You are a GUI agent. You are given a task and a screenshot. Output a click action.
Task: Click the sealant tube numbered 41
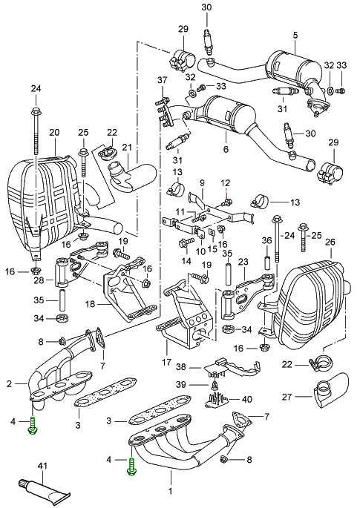click(x=44, y=486)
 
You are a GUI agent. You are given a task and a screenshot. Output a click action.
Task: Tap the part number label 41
click(x=42, y=466)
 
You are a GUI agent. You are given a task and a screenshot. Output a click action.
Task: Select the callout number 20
click(x=54, y=133)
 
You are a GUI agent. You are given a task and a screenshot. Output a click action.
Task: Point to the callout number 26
click(x=330, y=242)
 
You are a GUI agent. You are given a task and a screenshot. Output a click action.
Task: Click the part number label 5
click(x=295, y=36)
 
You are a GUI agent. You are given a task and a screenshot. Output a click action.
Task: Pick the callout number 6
click(x=226, y=149)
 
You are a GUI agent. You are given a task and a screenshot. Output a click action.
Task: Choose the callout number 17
click(x=166, y=362)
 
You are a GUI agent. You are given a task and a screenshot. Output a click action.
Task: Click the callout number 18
click(x=91, y=304)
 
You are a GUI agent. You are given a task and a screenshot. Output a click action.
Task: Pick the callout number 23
click(x=243, y=261)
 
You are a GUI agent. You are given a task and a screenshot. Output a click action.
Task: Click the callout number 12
click(x=226, y=182)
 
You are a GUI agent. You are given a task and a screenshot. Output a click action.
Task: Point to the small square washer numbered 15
click(x=212, y=231)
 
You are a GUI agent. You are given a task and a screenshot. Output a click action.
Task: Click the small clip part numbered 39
click(x=215, y=386)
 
